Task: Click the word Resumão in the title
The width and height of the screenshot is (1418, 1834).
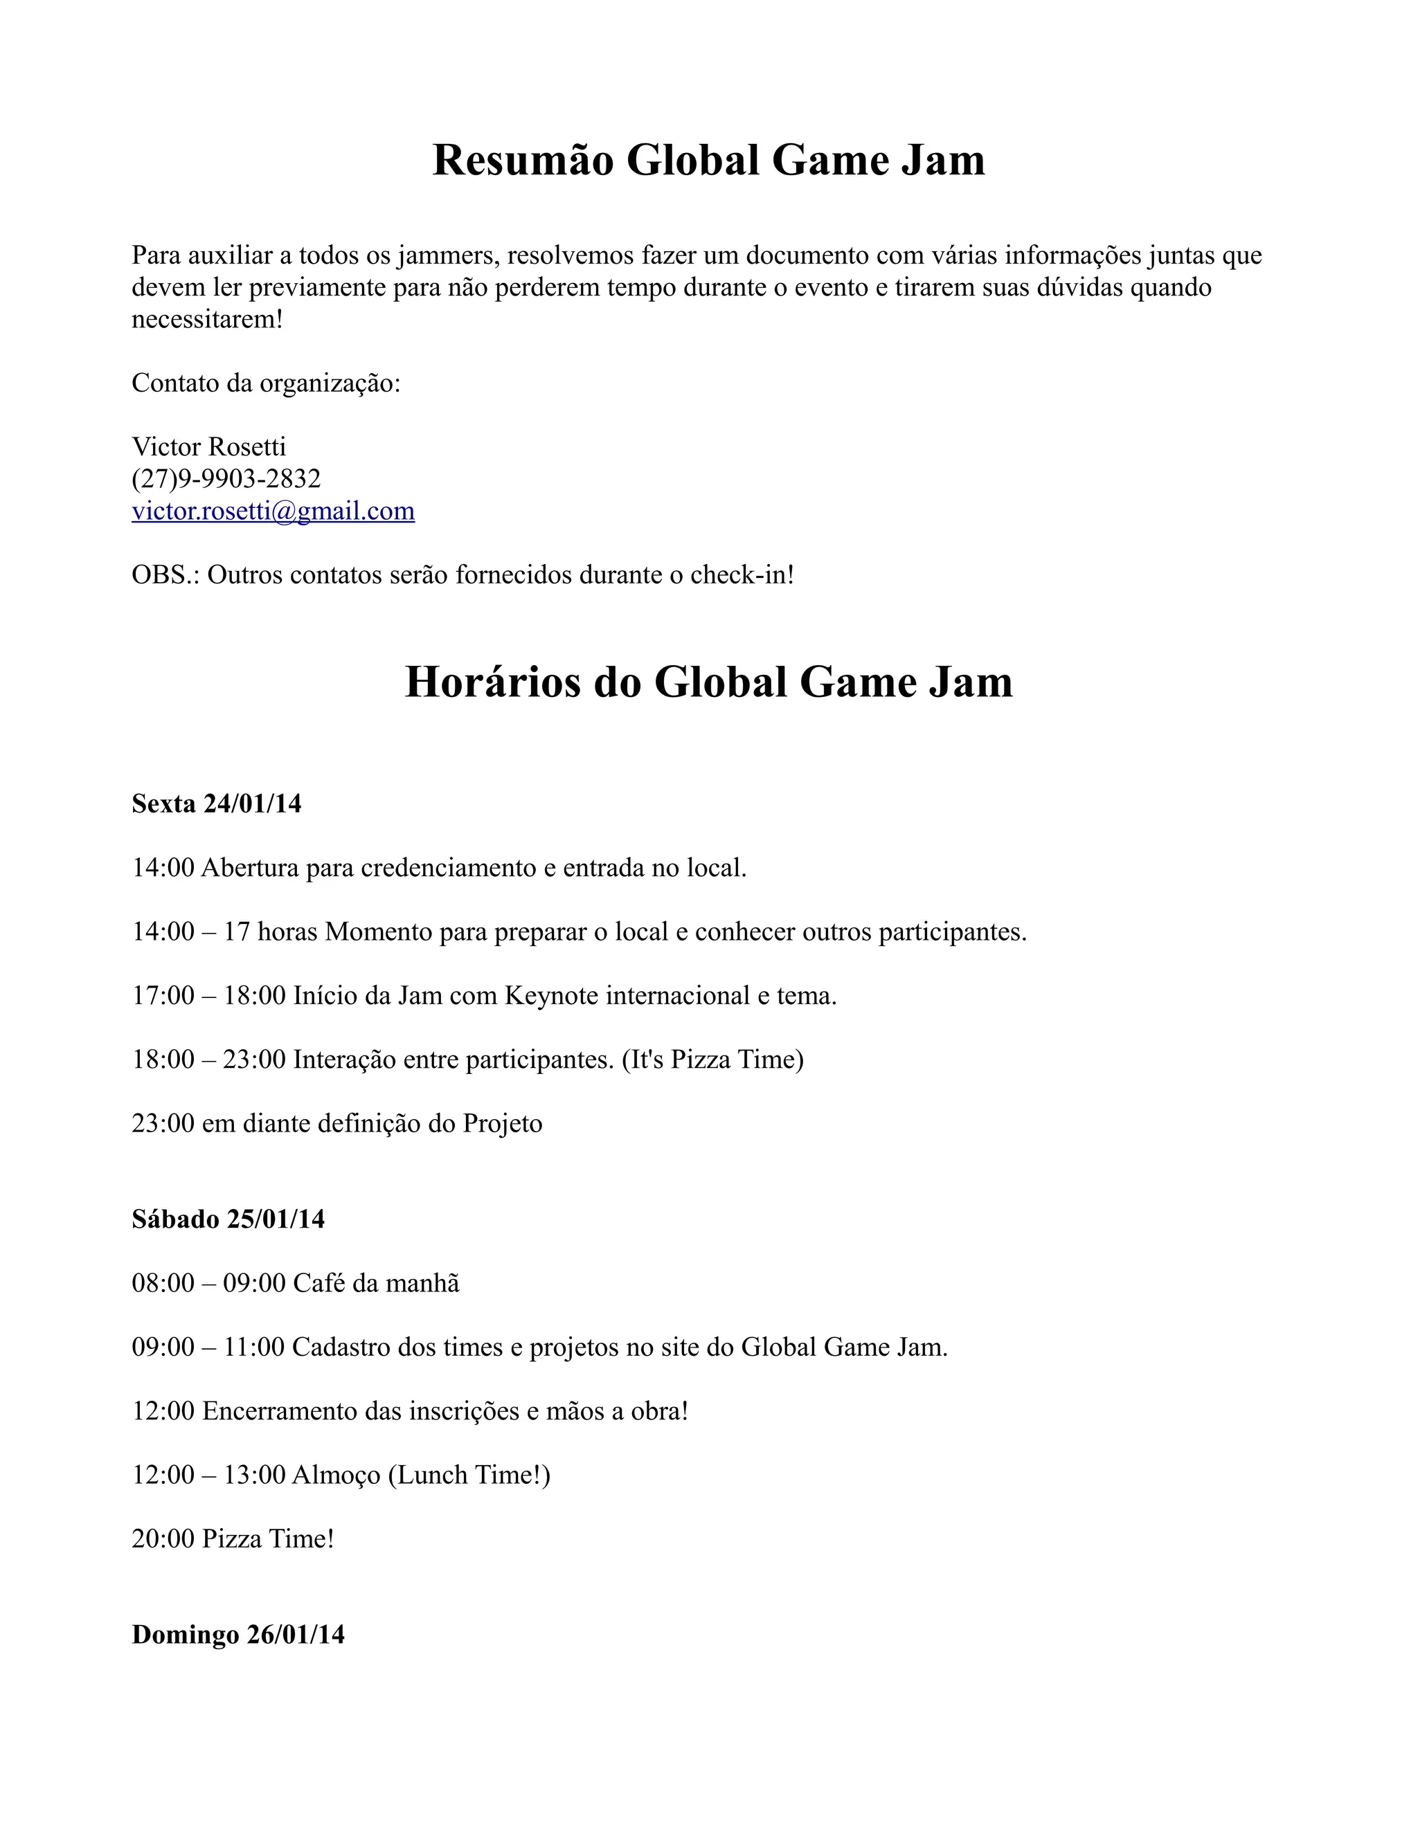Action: click(x=523, y=160)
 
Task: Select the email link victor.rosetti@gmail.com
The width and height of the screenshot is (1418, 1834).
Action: click(x=273, y=511)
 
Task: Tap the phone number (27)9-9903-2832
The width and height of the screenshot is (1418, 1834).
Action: click(x=226, y=479)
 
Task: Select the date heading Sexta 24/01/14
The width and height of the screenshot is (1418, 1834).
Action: click(x=216, y=803)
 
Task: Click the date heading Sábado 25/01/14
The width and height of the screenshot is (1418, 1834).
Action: click(x=228, y=1219)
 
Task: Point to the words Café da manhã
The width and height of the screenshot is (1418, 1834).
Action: click(x=375, y=1283)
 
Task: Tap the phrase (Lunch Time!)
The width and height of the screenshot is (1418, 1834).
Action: click(x=469, y=1475)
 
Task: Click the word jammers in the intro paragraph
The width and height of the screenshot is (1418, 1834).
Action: click(x=444, y=255)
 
